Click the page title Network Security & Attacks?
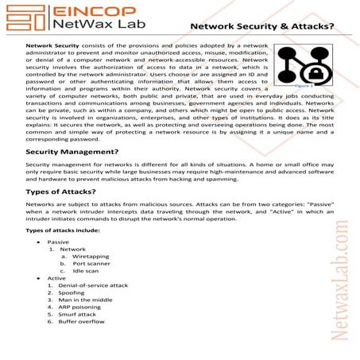point(261,26)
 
